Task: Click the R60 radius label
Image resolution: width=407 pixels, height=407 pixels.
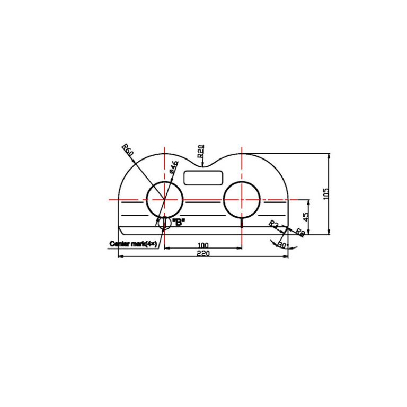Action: pos(128,149)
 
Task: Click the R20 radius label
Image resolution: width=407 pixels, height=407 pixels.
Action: pos(201,152)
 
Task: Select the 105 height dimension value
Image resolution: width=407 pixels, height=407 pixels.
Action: pos(325,193)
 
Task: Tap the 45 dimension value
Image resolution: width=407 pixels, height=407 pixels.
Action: pos(306,217)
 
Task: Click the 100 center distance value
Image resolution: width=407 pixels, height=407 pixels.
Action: pos(203,245)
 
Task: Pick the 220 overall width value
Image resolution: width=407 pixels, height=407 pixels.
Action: pos(203,254)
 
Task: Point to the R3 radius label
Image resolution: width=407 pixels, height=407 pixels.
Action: pos(274,224)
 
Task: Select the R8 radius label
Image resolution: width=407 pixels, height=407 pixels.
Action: pos(299,232)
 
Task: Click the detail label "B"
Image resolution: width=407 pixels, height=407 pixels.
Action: pos(179,223)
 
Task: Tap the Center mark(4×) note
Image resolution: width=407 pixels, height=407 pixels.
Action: pos(133,244)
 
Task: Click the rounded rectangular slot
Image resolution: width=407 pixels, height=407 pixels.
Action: pos(203,177)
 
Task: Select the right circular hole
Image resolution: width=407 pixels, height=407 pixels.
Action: pos(242,199)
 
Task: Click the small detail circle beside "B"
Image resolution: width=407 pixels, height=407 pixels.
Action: pos(164,223)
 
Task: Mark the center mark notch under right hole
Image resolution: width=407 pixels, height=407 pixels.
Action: pos(242,223)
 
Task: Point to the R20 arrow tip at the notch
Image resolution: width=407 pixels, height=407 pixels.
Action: pos(203,166)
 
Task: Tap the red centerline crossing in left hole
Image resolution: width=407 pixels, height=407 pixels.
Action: pos(165,200)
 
